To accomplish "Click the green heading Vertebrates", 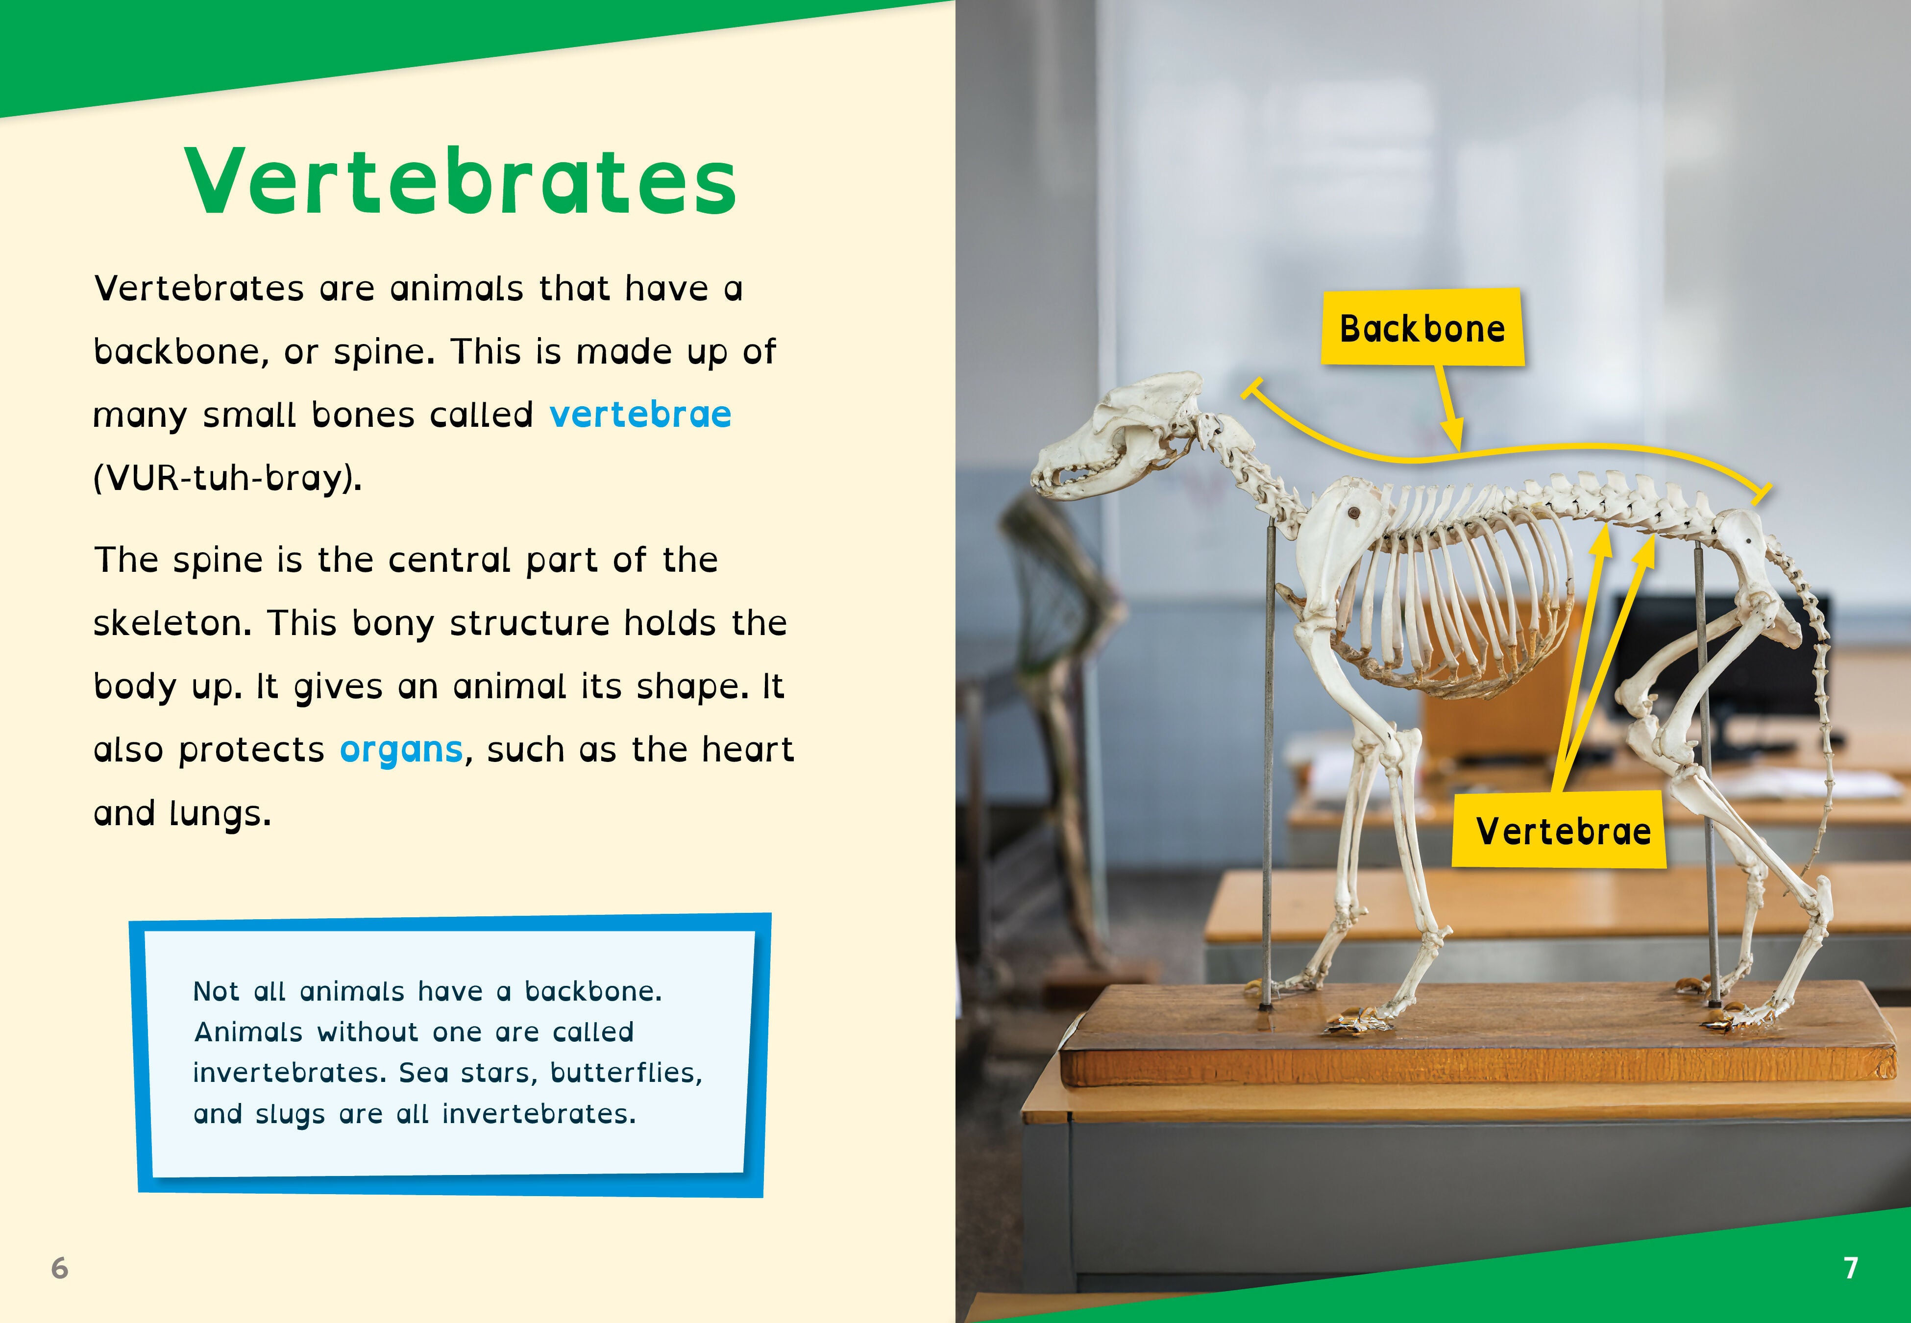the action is tap(461, 181).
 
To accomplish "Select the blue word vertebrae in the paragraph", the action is tap(640, 414).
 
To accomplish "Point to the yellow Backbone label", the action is tap(1422, 327).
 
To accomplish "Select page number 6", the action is tap(60, 1268).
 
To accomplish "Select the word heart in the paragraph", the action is tap(747, 749).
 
